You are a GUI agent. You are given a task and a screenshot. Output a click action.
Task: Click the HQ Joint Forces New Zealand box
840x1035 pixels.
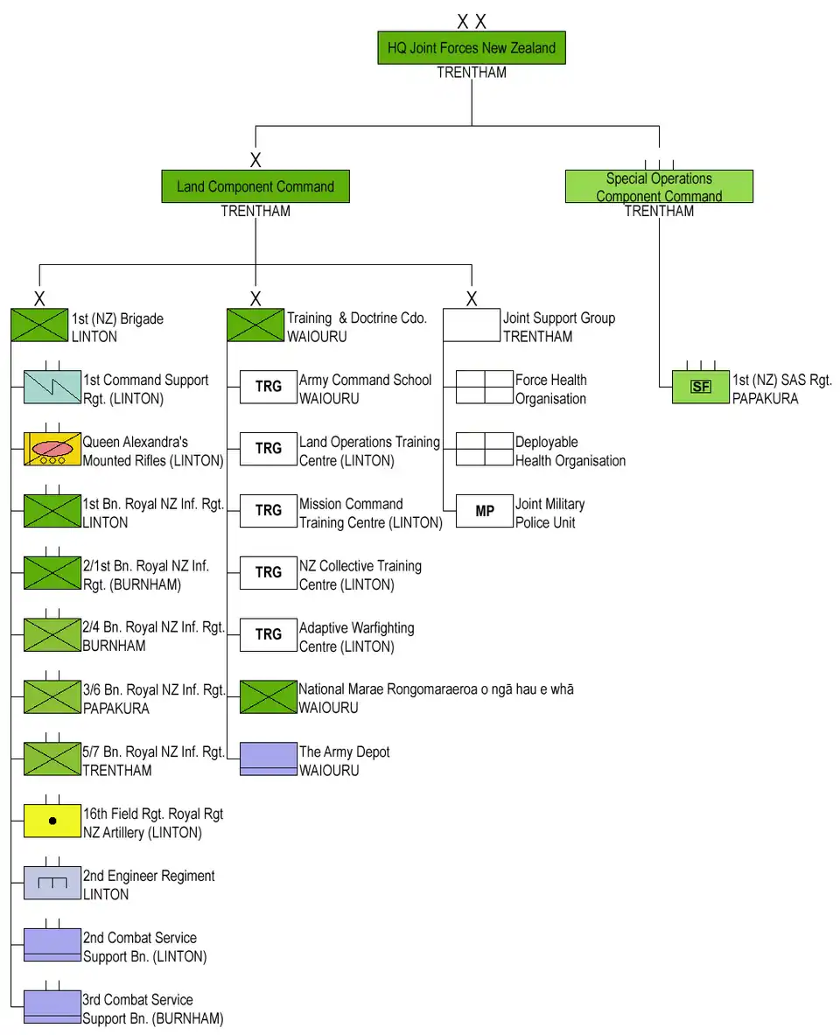[x=472, y=48]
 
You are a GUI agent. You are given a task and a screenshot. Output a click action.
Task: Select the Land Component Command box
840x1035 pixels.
[x=255, y=186]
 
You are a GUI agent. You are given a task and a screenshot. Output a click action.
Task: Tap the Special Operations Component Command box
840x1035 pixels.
[x=659, y=187]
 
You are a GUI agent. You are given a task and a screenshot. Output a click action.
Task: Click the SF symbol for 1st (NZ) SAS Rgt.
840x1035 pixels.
[x=700, y=387]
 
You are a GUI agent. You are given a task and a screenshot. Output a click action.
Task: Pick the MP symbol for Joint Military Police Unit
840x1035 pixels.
[x=485, y=511]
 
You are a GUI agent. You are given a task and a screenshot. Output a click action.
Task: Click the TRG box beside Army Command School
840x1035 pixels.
[x=269, y=387]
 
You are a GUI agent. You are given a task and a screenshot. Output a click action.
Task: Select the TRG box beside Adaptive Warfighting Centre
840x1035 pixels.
[x=269, y=634]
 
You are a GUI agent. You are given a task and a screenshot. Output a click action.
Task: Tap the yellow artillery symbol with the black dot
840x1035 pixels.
[x=52, y=821]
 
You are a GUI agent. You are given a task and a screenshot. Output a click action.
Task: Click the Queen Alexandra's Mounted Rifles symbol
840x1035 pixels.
[x=52, y=449]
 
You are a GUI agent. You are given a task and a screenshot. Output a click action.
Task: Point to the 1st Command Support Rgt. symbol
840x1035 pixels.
[x=52, y=387]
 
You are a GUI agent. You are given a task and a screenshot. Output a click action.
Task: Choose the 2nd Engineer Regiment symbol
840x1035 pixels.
[x=52, y=883]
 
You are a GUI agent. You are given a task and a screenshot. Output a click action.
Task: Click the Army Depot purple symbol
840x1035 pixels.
[x=269, y=759]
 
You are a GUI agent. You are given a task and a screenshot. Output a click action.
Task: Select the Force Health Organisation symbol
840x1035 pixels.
[x=485, y=387]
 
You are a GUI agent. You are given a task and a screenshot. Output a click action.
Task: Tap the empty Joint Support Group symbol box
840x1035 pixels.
[x=472, y=325]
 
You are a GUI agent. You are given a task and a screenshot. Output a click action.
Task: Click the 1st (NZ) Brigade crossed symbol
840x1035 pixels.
[x=39, y=325]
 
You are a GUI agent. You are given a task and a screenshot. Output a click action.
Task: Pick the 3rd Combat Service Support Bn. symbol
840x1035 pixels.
[x=52, y=1007]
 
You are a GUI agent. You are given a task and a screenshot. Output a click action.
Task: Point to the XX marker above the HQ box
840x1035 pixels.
[x=472, y=22]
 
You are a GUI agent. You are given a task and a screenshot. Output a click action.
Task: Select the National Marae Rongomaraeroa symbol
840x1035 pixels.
[x=269, y=696]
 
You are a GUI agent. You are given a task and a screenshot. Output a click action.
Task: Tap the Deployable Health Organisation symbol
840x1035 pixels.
[x=485, y=449]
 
